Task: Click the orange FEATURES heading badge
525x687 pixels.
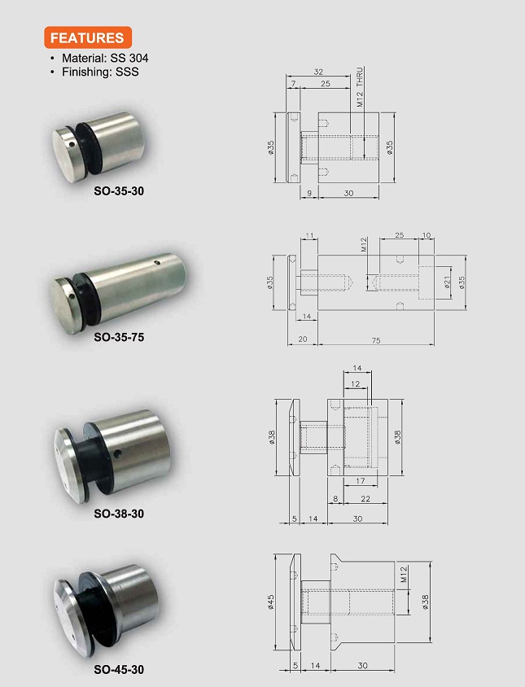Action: [x=88, y=37]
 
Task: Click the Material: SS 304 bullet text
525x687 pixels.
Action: [x=105, y=58]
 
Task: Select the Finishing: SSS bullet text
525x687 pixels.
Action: [x=100, y=72]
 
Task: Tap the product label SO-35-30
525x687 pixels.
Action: [x=119, y=191]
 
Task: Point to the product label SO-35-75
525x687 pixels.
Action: [x=119, y=337]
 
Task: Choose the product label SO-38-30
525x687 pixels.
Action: [x=119, y=514]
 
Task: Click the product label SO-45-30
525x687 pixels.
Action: [x=119, y=669]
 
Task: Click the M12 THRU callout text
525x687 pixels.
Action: [x=360, y=87]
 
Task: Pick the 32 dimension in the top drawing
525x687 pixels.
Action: [x=318, y=72]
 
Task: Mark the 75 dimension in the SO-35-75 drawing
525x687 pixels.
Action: [x=376, y=340]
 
